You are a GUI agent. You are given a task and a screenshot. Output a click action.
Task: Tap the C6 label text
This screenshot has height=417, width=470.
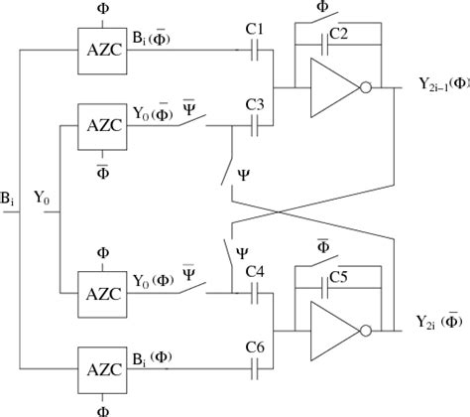coord(254,347)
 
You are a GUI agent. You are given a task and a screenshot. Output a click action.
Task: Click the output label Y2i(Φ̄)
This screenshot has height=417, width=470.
coord(436,323)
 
